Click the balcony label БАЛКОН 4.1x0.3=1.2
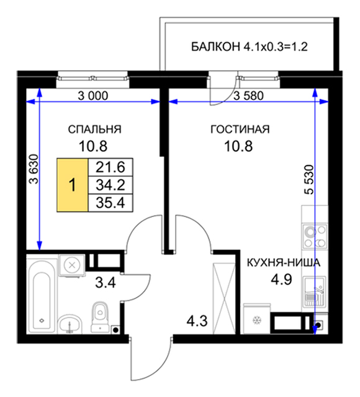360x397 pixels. point(250,47)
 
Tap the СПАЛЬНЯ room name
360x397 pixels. point(94,130)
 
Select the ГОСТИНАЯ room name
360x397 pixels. point(240,130)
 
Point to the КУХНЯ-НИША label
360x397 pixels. point(284,263)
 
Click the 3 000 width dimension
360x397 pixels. point(92,96)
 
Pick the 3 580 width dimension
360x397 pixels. point(248,96)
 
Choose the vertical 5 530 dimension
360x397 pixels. point(309,179)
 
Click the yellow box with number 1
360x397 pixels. point(73,185)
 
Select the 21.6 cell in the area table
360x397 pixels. point(110,167)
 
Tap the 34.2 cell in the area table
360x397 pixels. point(110,185)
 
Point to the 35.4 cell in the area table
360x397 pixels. point(110,203)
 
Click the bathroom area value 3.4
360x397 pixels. point(106,283)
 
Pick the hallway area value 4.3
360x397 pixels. point(197,321)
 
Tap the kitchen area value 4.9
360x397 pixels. point(281,280)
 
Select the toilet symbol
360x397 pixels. point(100,316)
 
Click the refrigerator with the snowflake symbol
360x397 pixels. point(257,318)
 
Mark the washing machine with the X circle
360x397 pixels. point(72,265)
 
